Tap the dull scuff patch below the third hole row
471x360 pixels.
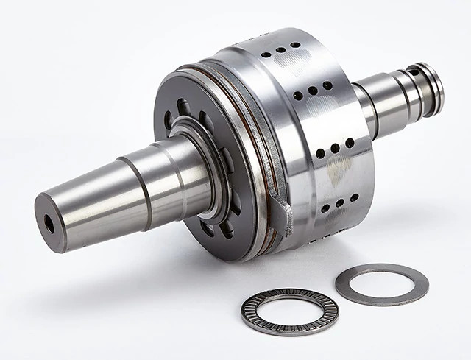339,171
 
